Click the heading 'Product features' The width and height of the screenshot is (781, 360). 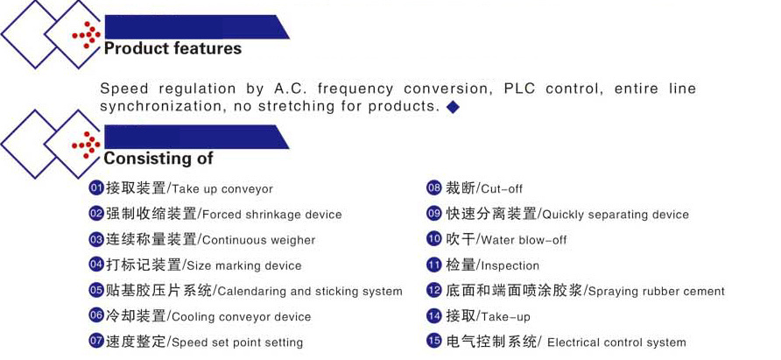click(172, 49)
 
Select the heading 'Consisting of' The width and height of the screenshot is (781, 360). click(158, 159)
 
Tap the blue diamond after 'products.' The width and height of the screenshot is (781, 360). click(453, 107)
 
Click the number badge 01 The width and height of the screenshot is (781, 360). click(95, 188)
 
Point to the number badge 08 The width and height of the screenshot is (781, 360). click(434, 188)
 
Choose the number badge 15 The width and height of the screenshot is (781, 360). click(434, 342)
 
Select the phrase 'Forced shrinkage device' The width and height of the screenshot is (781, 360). click(272, 215)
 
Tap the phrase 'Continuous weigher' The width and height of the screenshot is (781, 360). click(259, 240)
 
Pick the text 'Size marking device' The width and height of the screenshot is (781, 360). click(244, 265)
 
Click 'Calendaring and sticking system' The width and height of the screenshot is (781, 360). click(310, 291)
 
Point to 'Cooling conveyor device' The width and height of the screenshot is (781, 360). click(242, 317)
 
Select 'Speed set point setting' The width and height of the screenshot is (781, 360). click(237, 342)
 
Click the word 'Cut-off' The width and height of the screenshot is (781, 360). click(502, 189)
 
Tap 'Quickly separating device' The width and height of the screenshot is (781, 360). click(616, 215)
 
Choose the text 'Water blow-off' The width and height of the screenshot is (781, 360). click(524, 240)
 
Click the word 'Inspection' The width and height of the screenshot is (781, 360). click(510, 266)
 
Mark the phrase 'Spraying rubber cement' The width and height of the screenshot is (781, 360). click(657, 291)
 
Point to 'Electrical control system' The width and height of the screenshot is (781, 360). click(616, 342)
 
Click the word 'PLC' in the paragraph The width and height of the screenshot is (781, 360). click(520, 88)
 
